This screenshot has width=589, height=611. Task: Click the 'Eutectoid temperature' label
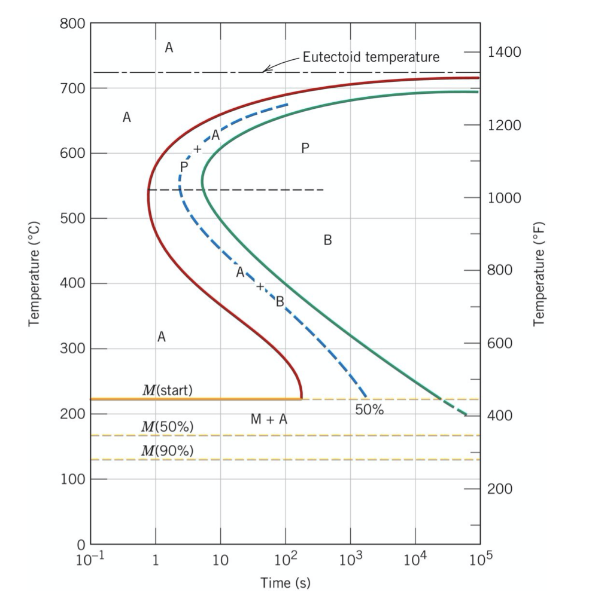pyautogui.click(x=371, y=57)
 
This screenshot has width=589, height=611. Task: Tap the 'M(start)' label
pyautogui.click(x=167, y=390)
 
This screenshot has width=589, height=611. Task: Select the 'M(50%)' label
pyautogui.click(x=167, y=427)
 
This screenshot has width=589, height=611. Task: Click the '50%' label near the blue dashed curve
pyautogui.click(x=369, y=411)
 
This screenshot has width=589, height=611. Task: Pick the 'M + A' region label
pyautogui.click(x=269, y=420)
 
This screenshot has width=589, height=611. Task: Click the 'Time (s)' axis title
pyautogui.click(x=286, y=582)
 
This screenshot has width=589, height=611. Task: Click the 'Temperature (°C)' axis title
pyautogui.click(x=35, y=274)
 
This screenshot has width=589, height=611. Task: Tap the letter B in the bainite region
pyautogui.click(x=327, y=240)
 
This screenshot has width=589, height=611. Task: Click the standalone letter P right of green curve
pyautogui.click(x=305, y=148)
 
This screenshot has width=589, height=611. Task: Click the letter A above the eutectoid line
pyautogui.click(x=169, y=48)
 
